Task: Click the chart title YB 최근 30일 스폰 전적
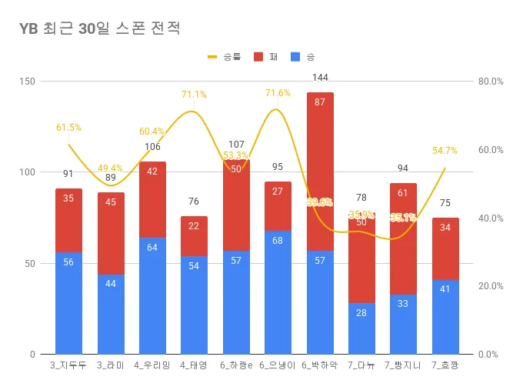(x=100, y=29)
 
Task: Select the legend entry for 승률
(x=224, y=57)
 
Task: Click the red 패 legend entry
(x=266, y=57)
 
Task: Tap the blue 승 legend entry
(x=304, y=57)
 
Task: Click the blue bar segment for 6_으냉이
(x=278, y=292)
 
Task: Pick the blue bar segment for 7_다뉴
(x=361, y=328)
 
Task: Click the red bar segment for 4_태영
(x=194, y=236)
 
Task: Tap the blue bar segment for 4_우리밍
(x=152, y=296)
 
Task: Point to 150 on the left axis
(x=28, y=81)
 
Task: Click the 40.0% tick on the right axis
(x=491, y=218)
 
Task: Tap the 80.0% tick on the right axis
(x=491, y=81)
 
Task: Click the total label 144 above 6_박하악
(x=320, y=78)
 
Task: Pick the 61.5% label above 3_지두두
(x=68, y=128)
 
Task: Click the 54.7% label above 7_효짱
(x=445, y=151)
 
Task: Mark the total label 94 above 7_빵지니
(x=403, y=168)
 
